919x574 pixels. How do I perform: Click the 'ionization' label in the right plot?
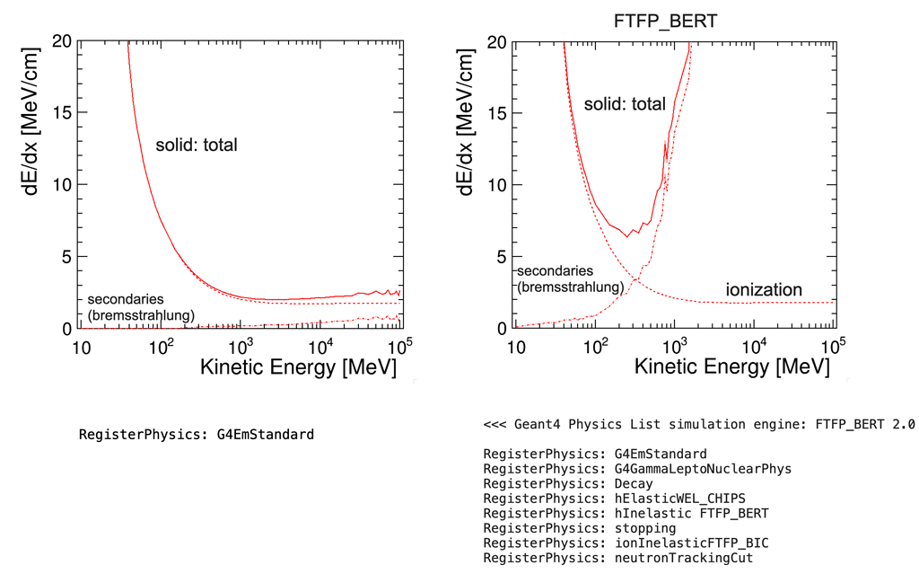pyautogui.click(x=763, y=290)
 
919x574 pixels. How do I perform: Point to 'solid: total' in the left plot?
pyautogui.click(x=196, y=145)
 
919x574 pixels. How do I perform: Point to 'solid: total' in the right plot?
pyautogui.click(x=625, y=104)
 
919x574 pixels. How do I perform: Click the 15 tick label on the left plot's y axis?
pyautogui.click(x=61, y=113)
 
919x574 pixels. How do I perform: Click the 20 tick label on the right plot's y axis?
pyautogui.click(x=496, y=41)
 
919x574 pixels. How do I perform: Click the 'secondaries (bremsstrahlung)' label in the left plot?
pyautogui.click(x=141, y=306)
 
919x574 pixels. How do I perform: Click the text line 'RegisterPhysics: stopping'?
pyautogui.click(x=579, y=528)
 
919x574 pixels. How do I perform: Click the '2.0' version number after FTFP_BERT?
pyautogui.click(x=901, y=424)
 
